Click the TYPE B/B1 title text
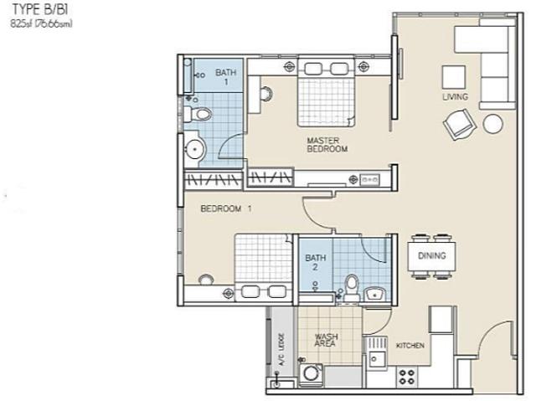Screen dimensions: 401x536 (x=39, y=12)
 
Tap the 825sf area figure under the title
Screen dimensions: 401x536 (x=41, y=25)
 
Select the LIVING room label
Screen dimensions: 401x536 (x=455, y=98)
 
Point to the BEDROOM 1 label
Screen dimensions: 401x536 (x=226, y=208)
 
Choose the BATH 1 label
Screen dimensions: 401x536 (x=225, y=77)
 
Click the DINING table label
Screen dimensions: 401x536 (x=431, y=256)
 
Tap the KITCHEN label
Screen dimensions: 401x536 (x=410, y=346)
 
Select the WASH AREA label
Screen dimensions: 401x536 (x=326, y=341)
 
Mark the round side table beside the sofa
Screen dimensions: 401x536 (x=492, y=123)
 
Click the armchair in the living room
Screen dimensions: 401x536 (x=459, y=126)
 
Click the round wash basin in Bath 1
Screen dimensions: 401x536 (x=195, y=149)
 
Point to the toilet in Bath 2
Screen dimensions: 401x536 (x=352, y=285)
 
